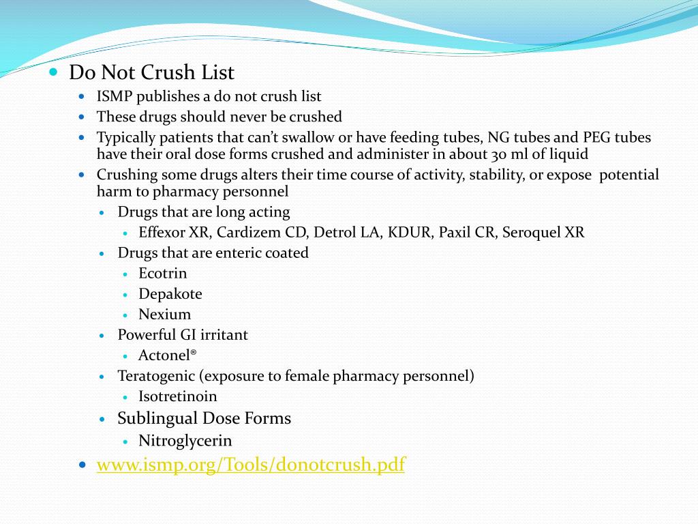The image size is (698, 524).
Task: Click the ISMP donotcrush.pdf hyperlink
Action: click(250, 465)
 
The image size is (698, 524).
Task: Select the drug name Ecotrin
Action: click(162, 274)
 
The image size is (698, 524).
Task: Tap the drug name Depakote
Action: click(170, 294)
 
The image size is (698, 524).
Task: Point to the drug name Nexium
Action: click(164, 315)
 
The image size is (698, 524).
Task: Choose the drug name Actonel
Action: click(166, 355)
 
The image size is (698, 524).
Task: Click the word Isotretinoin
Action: click(177, 396)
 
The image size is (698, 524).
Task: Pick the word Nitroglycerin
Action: click(185, 441)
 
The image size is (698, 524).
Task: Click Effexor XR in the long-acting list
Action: click(174, 233)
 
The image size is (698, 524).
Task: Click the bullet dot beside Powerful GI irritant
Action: click(102, 336)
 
